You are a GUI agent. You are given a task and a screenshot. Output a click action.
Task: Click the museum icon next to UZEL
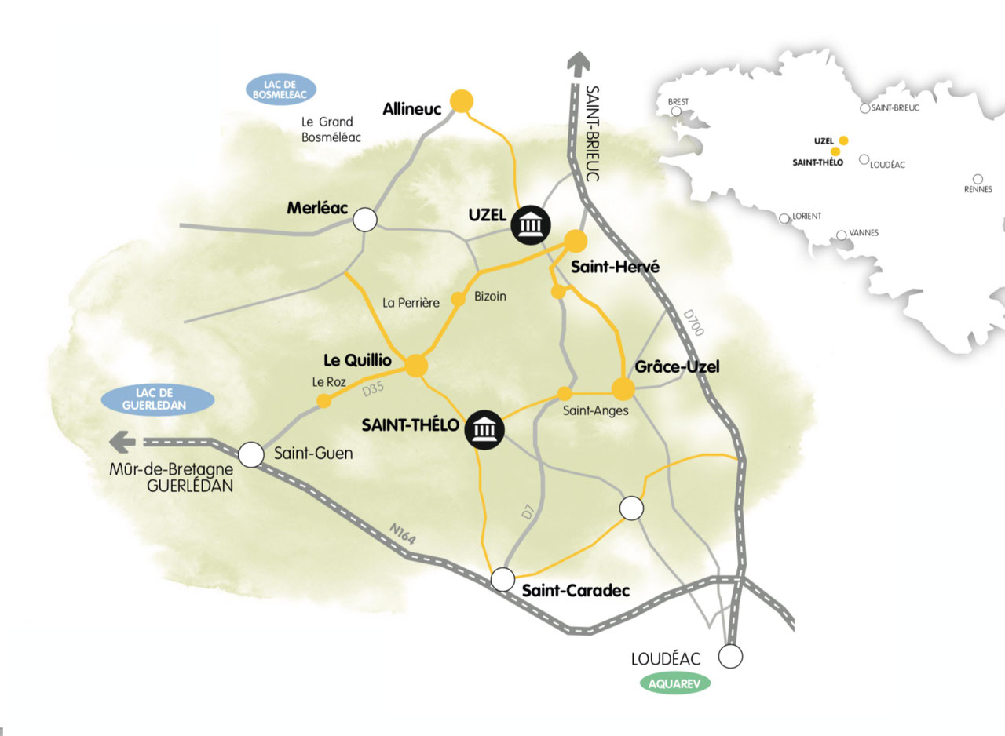[x=530, y=225]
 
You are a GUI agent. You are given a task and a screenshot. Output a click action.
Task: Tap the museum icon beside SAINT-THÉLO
[x=484, y=430]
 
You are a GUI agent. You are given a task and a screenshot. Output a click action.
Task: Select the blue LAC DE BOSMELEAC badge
[x=280, y=89]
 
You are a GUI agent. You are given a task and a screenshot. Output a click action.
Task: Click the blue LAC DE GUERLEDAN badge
[x=158, y=399]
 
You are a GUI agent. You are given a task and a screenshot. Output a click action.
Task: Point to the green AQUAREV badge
[x=675, y=683]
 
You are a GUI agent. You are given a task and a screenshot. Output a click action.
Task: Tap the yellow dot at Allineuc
[x=461, y=102]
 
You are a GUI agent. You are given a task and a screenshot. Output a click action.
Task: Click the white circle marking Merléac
[x=364, y=220]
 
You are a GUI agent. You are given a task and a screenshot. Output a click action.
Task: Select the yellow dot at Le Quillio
[x=416, y=365]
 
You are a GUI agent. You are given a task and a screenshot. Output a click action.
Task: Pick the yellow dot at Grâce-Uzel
[x=623, y=388]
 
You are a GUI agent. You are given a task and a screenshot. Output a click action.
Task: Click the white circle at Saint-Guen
[x=251, y=454]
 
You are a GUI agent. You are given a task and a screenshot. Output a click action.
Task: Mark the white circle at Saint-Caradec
[x=502, y=579]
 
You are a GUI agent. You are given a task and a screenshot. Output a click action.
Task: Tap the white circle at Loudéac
[x=731, y=656]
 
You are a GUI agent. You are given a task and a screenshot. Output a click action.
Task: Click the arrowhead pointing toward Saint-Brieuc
[x=579, y=62]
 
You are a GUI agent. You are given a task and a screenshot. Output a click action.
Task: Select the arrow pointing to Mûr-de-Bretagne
[x=122, y=442]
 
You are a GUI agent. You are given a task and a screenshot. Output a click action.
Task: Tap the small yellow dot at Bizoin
[x=459, y=300]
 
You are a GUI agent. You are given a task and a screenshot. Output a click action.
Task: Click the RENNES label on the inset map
[x=978, y=189]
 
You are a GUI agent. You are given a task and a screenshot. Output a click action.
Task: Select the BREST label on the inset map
[x=677, y=102]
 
